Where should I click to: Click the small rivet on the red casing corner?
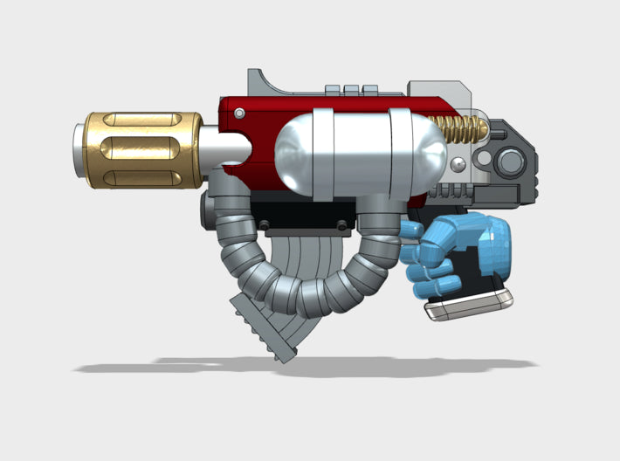[238, 112]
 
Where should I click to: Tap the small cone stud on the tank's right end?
[453, 163]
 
